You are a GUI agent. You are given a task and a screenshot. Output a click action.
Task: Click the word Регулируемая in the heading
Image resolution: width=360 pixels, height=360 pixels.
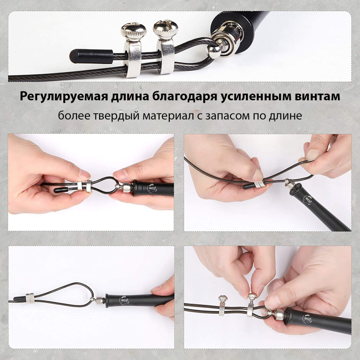64,96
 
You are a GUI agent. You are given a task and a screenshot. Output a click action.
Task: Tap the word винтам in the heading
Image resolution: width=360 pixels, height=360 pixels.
317,96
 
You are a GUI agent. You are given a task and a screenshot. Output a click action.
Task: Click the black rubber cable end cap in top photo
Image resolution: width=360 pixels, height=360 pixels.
91,56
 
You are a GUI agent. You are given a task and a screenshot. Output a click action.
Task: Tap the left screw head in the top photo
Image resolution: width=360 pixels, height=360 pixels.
134,32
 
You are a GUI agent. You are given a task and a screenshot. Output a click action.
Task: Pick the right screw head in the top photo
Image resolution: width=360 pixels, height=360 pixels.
165,30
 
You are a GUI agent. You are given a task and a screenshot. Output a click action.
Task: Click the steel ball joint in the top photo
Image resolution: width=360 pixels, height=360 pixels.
215,53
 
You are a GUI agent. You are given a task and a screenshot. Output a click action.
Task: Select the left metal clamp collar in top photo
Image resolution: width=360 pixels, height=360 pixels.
132,59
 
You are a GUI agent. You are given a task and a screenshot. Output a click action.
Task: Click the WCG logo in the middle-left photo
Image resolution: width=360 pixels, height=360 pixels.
152,188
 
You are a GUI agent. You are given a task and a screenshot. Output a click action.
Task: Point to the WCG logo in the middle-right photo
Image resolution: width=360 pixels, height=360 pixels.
308,200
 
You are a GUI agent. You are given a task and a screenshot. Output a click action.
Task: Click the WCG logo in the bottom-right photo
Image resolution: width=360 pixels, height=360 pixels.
307,319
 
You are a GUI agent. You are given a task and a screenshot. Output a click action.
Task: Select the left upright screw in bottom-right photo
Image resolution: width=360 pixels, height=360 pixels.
222,305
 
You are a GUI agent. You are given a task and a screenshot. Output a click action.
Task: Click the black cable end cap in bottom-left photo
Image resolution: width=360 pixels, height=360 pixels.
19,299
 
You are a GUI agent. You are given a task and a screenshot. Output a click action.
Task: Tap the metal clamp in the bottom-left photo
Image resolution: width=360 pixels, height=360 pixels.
30,298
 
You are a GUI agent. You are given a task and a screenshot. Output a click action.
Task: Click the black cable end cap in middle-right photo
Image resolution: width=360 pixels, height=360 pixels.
249,186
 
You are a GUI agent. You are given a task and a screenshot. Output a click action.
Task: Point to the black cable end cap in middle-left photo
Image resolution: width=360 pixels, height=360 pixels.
61,190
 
